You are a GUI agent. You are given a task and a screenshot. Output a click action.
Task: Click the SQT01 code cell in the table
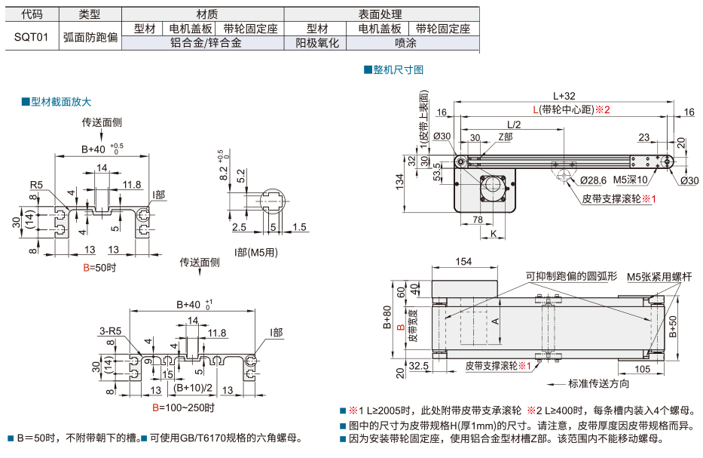31,36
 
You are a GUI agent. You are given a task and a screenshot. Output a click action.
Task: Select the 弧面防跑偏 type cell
90,36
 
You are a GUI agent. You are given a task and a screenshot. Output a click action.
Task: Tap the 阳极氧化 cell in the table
317,43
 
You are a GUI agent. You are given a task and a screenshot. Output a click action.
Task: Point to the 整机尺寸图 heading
397,69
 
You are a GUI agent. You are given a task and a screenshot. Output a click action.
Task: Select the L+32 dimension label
564,96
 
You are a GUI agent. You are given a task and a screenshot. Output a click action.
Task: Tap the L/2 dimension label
514,124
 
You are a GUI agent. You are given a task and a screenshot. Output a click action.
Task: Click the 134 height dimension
399,180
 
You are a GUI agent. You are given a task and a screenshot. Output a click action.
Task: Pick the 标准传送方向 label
598,383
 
